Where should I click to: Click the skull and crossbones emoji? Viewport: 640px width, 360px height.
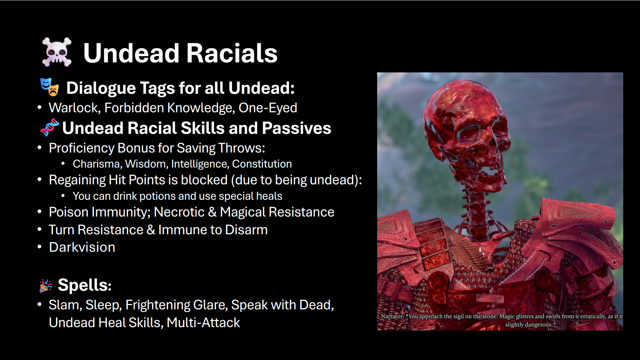57,52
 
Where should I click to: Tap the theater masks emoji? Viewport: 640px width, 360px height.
50,87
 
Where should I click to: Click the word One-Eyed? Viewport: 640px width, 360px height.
268,108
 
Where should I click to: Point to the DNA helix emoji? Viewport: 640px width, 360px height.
49,127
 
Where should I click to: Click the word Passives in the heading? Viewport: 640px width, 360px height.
296,128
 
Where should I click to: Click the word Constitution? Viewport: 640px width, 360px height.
262,164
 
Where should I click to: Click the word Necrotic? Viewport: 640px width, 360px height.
179,212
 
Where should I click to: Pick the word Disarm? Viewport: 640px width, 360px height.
246,230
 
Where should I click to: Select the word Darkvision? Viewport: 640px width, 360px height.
82,247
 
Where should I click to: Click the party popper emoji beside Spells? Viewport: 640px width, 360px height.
46,286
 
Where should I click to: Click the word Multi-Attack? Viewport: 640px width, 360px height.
203,323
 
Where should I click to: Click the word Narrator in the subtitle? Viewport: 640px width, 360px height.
392,316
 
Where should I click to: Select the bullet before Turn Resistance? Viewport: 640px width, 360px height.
40,230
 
